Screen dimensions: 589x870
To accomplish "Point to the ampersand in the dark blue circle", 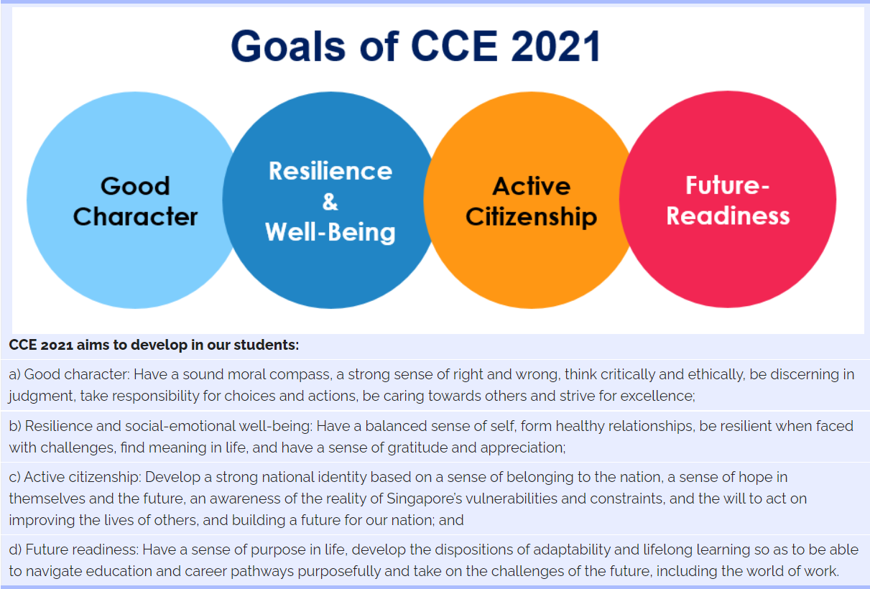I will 330,203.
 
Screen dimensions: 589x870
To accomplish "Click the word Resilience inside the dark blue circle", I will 330,171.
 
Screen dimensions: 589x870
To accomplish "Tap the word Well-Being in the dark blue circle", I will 330,232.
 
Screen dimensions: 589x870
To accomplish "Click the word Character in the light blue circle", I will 135,216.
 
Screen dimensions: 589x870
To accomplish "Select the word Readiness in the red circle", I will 727,215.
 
